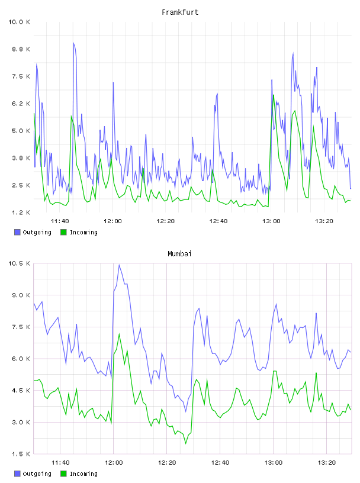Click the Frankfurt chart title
pos(180,12)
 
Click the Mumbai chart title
pos(179,253)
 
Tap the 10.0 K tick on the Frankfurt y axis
pos(19,22)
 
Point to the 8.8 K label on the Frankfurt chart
pos(21,49)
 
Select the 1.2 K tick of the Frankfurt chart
pos(21,212)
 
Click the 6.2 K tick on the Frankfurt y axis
pos(21,104)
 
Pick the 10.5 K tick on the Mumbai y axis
pos(19,263)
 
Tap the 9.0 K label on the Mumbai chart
pos(21,295)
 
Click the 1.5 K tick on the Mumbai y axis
pos(21,454)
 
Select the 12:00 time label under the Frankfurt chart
pos(113,221)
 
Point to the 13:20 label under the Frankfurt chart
pos(324,221)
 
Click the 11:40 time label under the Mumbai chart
pos(60,462)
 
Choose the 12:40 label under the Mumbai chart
pos(220,462)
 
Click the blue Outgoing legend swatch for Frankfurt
pos(17,232)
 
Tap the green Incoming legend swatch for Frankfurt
pos(63,232)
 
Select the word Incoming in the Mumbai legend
pos(84,474)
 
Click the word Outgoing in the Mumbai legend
pos(37,474)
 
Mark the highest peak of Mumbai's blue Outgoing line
pos(119,265)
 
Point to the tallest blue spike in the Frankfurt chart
pos(73,43)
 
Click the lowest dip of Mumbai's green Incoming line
pos(185,443)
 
